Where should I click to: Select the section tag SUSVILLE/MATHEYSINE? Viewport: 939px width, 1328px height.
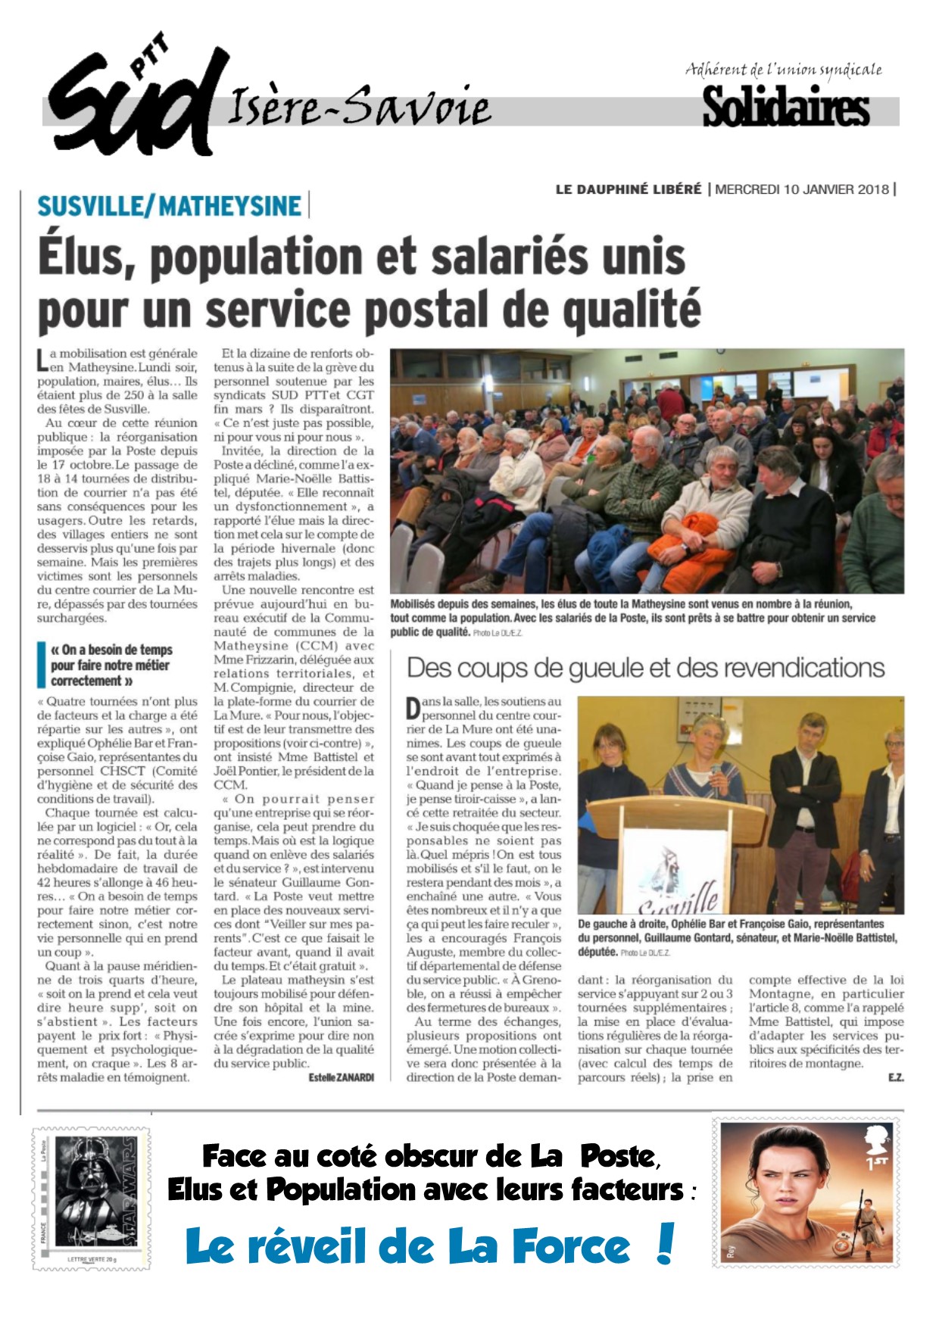point(170,206)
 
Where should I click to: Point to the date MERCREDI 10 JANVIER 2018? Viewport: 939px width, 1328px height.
point(802,189)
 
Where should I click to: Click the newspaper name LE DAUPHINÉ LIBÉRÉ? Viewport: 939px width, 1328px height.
point(629,189)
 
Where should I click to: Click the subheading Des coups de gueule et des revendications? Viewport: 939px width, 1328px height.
point(646,668)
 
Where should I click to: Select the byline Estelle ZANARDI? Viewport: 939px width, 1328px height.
point(342,1077)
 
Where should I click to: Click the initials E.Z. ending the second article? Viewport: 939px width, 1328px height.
point(896,1077)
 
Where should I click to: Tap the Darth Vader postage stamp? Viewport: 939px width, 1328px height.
point(91,1198)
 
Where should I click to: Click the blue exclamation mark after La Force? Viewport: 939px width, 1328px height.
point(665,1243)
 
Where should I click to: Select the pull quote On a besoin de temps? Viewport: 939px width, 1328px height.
point(110,665)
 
